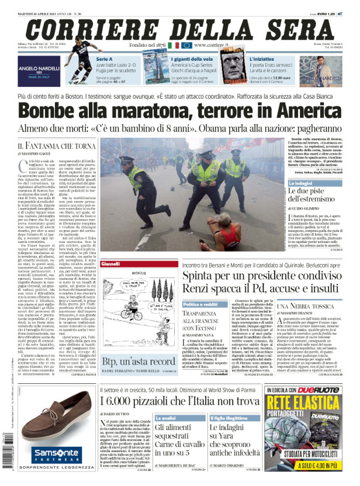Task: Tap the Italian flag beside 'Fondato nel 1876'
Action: pyautogui.click(x=174, y=45)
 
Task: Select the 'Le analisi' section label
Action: pyautogui.click(x=165, y=419)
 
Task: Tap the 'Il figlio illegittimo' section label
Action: pyautogui.click(x=226, y=419)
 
